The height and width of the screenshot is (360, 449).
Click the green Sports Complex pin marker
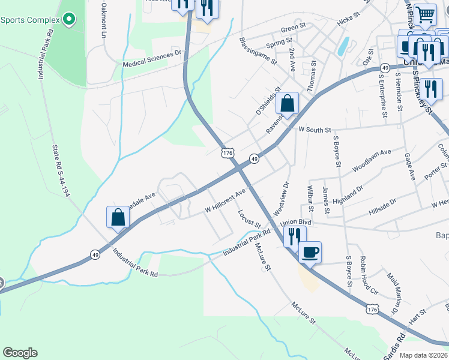69,20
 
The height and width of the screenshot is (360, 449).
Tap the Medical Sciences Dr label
152,58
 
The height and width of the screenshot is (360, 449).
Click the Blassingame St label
258,51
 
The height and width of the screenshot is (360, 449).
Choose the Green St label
294,28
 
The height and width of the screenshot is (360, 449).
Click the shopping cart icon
426,14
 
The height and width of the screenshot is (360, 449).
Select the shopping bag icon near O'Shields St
288,103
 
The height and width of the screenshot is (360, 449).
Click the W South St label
315,130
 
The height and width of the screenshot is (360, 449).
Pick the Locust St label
249,218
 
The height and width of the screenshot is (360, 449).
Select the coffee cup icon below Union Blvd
310,252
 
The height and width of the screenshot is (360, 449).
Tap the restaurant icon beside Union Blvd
294,235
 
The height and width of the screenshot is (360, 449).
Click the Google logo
20,353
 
